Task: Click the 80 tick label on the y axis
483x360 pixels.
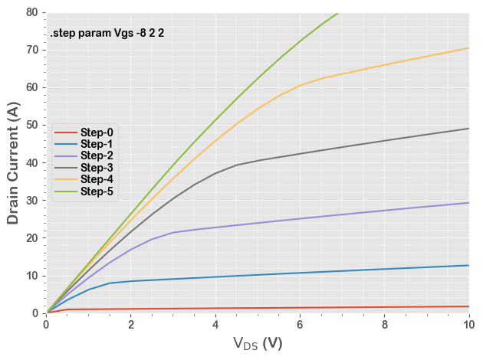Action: point(32,12)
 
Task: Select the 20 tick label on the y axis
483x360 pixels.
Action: point(32,237)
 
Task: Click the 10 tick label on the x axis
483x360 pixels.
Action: point(468,325)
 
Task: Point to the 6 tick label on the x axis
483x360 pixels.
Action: point(300,325)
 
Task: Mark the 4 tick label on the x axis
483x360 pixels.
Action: point(215,325)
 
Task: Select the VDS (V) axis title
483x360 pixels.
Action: point(258,343)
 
